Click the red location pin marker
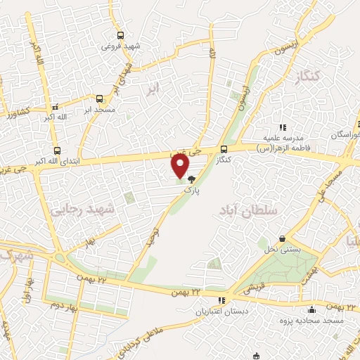click(180, 165)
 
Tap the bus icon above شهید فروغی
click(120, 35)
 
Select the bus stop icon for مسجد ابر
click(99, 99)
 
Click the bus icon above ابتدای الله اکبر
click(57, 150)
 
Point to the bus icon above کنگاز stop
click(224, 149)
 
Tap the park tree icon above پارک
click(191, 180)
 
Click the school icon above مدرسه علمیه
click(282, 127)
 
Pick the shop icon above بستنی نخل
click(282, 239)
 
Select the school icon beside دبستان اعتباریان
click(222, 300)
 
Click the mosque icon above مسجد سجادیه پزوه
click(312, 310)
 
